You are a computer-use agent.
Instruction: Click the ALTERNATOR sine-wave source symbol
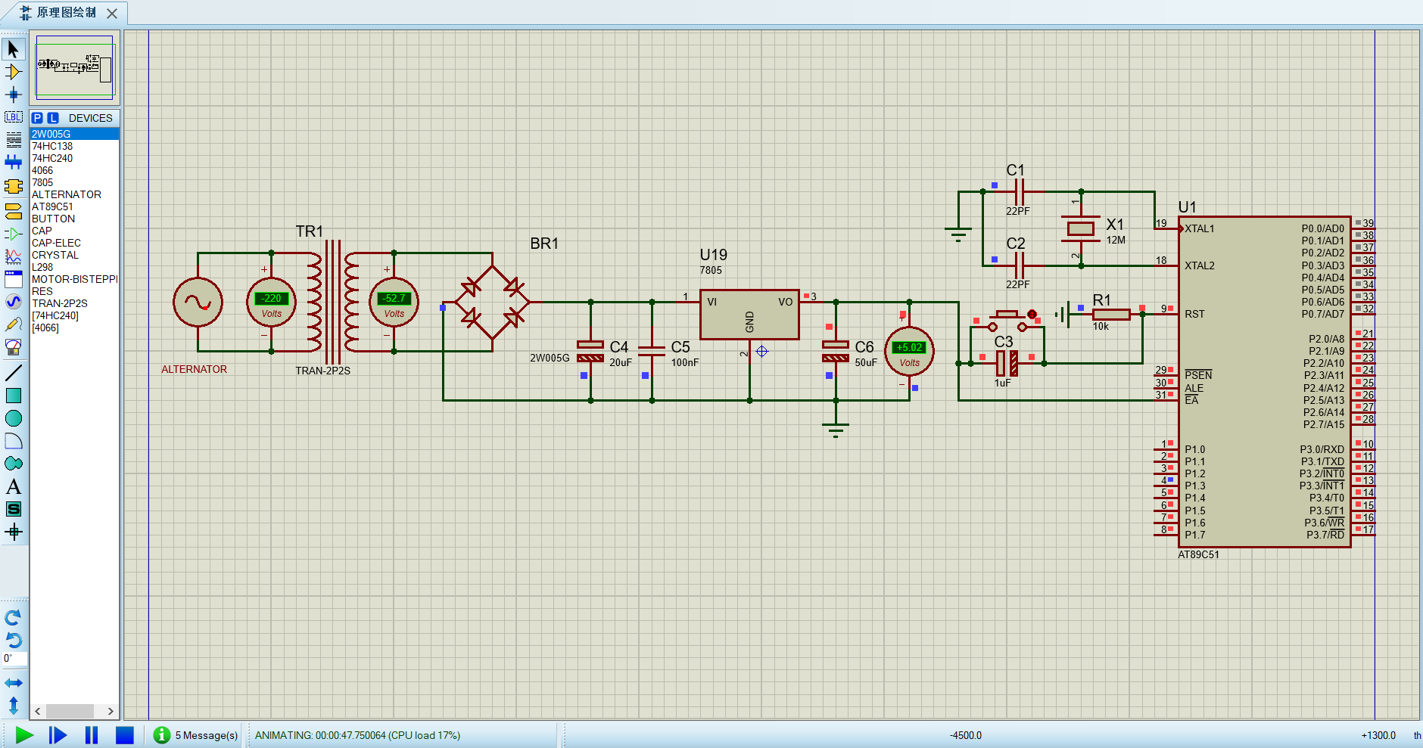pyautogui.click(x=198, y=303)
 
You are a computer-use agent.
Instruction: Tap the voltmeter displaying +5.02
pyautogui.click(x=909, y=351)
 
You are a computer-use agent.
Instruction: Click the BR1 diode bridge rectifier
pyautogui.click(x=493, y=302)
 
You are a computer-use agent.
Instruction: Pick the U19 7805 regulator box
pyautogui.click(x=749, y=314)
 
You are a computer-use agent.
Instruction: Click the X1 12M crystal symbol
pyautogui.click(x=1080, y=228)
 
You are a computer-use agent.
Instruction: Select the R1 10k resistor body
pyautogui.click(x=1110, y=315)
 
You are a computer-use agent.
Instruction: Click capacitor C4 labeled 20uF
pyautogui.click(x=590, y=351)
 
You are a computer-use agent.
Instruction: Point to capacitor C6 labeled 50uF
pyautogui.click(x=836, y=351)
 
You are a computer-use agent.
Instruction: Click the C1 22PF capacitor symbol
pyautogui.click(x=1019, y=192)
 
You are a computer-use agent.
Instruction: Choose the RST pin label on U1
pyautogui.click(x=1194, y=314)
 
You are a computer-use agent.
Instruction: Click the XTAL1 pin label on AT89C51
pyautogui.click(x=1200, y=228)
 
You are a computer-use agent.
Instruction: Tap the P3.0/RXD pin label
pyautogui.click(x=1322, y=449)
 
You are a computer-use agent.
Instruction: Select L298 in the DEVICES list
pyautogui.click(x=42, y=267)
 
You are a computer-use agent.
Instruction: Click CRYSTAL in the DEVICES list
pyautogui.click(x=54, y=255)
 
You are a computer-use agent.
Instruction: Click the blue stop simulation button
pyautogui.click(x=125, y=734)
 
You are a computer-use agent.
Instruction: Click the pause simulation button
pyautogui.click(x=92, y=734)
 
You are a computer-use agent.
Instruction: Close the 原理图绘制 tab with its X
pyautogui.click(x=112, y=13)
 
